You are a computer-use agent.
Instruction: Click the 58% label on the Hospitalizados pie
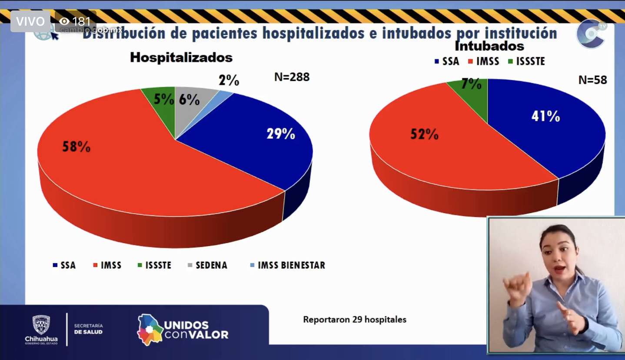(x=76, y=147)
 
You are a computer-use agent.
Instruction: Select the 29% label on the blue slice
(x=281, y=133)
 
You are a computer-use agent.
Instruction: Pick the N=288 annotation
(x=292, y=77)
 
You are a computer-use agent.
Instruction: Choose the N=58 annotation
(x=592, y=80)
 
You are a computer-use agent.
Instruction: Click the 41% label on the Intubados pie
(x=545, y=116)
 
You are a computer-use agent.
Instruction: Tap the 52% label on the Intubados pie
(x=424, y=134)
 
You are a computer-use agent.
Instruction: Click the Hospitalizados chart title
(x=181, y=57)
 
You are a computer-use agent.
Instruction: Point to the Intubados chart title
(x=489, y=46)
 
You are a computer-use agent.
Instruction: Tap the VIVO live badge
(x=30, y=21)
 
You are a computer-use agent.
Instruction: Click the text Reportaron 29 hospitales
(x=355, y=320)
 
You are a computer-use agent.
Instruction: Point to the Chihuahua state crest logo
(x=41, y=329)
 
